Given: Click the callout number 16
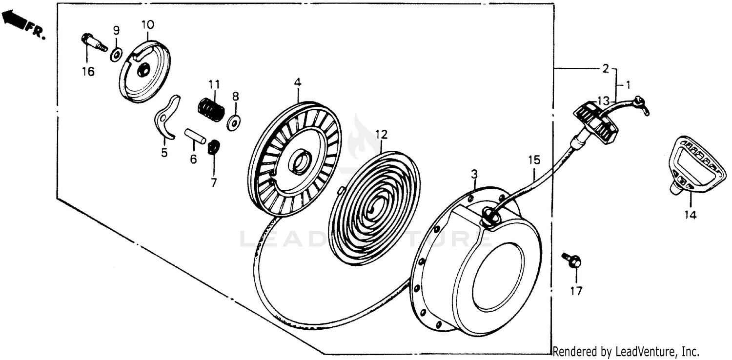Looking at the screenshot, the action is point(88,71).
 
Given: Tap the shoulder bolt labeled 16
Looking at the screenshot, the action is point(94,43).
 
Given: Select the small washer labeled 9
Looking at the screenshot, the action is point(116,55).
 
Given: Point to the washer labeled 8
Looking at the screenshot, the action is point(234,122).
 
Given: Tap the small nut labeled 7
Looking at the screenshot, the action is point(214,147).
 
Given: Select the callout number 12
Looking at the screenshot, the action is point(381,134).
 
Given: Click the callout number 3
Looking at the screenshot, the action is point(474,174).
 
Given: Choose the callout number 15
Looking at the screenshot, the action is point(534,160).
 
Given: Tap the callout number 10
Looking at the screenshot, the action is point(148,24).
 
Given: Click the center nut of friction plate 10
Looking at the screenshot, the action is point(143,70).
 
